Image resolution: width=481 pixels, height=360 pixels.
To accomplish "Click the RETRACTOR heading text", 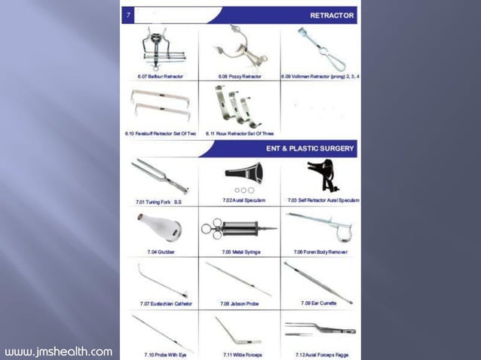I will [331, 15].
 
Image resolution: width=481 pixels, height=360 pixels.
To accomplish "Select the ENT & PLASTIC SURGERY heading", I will [309, 148].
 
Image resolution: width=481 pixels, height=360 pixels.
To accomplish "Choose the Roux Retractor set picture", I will [239, 106].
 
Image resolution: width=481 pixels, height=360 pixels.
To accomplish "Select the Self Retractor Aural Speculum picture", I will [323, 176].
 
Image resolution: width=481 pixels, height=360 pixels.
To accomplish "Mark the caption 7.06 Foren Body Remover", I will [320, 252].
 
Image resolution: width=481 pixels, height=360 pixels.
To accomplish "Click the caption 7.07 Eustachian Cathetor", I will [166, 304].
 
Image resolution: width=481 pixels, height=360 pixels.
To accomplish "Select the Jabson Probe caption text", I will [240, 304].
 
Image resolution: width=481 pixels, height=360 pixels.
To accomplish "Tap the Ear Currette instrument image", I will [317, 281].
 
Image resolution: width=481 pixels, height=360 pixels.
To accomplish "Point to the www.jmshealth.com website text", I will [58, 352].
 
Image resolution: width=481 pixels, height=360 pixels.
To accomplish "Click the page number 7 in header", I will [129, 15].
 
